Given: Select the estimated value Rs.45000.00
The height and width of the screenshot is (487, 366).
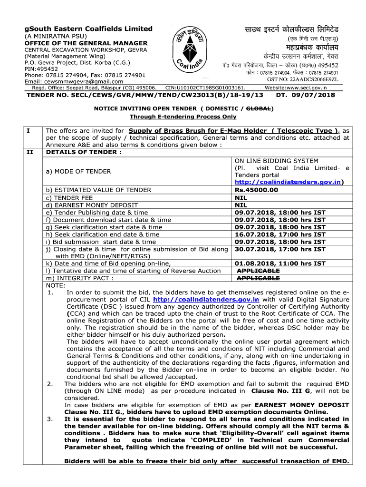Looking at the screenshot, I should (x=257, y=190).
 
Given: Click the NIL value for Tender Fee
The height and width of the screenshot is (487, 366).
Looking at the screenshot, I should (x=241, y=197).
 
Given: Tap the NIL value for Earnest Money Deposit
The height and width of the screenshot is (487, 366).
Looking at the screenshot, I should (x=241, y=205).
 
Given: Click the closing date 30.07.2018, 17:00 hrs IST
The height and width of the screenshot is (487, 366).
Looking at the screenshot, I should (x=280, y=249).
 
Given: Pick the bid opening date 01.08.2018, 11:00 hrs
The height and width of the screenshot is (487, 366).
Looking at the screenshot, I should (x=280, y=263).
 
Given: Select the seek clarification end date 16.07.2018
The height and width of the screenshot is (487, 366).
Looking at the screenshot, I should (x=280, y=234).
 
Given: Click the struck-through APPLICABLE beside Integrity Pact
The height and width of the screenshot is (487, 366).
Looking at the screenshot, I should (x=258, y=278).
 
